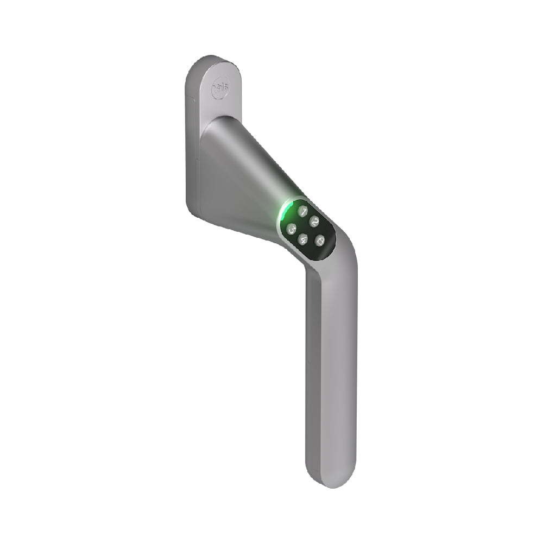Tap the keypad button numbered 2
314,221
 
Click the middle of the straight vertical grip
331,369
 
